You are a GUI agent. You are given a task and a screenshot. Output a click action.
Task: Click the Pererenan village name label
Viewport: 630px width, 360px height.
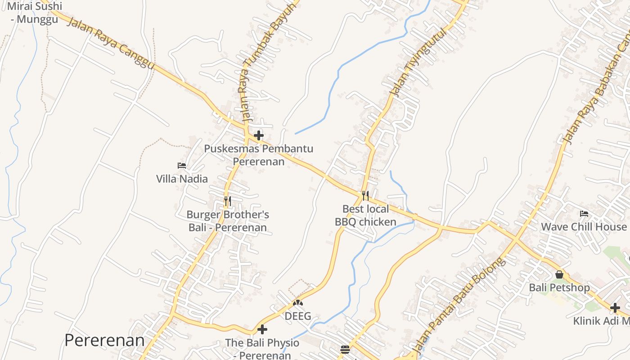click(x=104, y=340)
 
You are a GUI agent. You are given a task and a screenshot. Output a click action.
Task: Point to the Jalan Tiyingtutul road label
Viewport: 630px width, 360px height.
click(x=418, y=62)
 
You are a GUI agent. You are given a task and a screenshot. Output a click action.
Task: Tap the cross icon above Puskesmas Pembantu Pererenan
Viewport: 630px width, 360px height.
click(x=259, y=135)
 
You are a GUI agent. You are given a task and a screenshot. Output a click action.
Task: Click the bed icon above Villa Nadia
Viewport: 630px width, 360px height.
click(x=182, y=166)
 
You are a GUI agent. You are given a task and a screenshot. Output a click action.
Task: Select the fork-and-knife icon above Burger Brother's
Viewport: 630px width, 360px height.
click(x=228, y=201)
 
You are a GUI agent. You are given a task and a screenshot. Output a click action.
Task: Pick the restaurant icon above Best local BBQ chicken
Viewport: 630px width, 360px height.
click(x=365, y=195)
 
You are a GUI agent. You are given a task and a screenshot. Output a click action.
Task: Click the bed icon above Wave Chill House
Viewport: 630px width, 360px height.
click(x=584, y=213)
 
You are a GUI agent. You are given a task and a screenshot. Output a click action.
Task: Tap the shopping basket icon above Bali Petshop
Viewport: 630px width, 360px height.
click(x=559, y=274)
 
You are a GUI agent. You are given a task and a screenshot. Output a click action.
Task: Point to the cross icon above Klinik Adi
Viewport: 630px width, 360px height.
click(x=615, y=308)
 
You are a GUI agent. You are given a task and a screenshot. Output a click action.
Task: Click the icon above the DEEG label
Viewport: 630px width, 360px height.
click(x=298, y=303)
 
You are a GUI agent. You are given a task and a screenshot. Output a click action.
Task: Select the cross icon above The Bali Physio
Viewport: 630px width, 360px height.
click(x=262, y=329)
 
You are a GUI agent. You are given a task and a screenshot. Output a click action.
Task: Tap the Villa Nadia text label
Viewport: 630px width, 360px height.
click(x=182, y=179)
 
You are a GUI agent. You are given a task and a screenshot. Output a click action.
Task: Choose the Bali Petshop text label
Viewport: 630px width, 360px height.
click(x=559, y=288)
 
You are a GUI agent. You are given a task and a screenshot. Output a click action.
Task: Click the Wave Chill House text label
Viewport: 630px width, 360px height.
click(x=584, y=227)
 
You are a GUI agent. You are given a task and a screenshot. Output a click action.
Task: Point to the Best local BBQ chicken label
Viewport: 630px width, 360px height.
click(x=365, y=215)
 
